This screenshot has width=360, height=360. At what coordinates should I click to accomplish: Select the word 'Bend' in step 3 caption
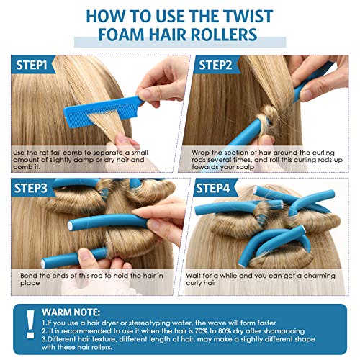[25, 274]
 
